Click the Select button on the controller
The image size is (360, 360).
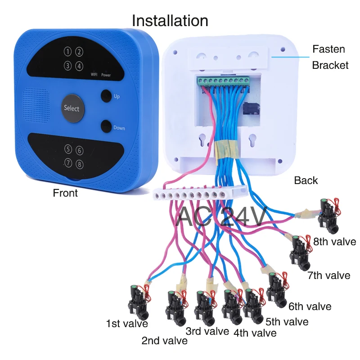point(71,108)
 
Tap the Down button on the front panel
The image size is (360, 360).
point(106,126)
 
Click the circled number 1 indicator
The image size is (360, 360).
point(67,52)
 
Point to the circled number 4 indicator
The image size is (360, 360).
point(79,66)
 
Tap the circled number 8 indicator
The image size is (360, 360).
point(80,164)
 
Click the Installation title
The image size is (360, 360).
point(170,21)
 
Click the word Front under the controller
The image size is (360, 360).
point(65,193)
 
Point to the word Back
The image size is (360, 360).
point(306,180)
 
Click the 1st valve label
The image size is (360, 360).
point(127,323)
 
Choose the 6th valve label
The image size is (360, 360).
point(310,306)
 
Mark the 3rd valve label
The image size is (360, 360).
point(207,332)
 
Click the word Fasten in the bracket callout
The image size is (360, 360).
point(328,49)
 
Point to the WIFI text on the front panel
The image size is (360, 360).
point(94,75)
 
